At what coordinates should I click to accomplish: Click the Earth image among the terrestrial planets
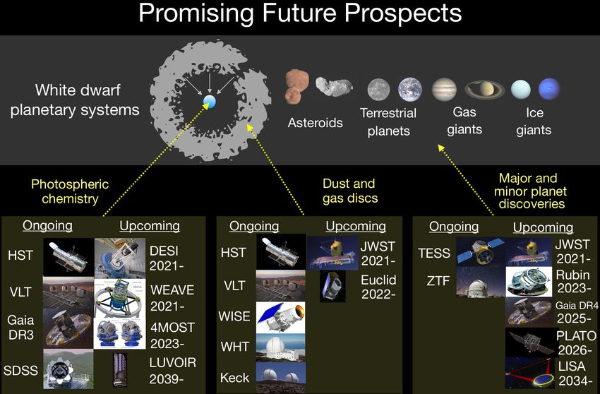point(410,89)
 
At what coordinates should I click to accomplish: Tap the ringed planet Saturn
point(484,90)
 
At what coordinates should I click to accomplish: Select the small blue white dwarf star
point(210,102)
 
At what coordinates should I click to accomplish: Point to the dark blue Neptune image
point(549,89)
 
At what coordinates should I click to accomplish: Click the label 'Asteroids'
point(316,123)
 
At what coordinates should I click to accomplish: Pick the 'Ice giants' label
point(534,121)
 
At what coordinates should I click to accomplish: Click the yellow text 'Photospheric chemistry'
point(70,191)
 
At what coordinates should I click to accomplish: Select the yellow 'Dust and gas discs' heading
point(349,191)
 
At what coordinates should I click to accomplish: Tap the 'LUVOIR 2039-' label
point(172,370)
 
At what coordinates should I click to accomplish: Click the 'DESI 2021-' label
point(164,258)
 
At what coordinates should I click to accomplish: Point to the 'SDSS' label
point(20,370)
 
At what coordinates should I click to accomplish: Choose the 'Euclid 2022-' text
point(378,287)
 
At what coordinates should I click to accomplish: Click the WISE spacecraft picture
point(280,316)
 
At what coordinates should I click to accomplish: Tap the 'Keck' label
point(234,378)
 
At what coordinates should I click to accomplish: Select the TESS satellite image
point(481,251)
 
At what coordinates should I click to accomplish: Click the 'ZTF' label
point(438,281)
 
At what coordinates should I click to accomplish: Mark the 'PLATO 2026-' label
point(576,342)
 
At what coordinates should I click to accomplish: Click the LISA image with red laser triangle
point(530,373)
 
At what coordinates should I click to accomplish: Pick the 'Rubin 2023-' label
point(573,282)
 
